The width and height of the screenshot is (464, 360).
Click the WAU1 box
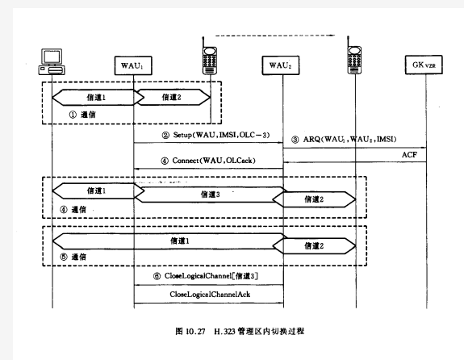coord(133,65)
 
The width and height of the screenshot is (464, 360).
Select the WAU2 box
coord(281,65)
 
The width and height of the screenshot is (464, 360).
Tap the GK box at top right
coord(424,65)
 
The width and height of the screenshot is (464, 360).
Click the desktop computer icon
coord(52,62)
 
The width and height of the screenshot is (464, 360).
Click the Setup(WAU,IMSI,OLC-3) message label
coord(215,135)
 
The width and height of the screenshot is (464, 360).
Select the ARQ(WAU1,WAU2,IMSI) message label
coord(344,139)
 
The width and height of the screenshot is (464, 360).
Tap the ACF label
coord(409,155)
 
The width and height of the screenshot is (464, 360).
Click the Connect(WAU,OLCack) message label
coord(208,161)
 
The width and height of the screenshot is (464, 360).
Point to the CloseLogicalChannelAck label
coord(210,295)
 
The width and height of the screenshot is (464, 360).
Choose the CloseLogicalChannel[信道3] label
coord(205,276)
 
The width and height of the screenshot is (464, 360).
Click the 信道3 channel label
coord(210,195)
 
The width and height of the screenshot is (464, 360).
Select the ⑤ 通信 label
coord(73,257)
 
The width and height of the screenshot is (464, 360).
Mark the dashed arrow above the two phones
coord(275,36)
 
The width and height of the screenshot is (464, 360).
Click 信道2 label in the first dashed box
coord(171,97)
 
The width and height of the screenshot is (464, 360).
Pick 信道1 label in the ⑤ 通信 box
coord(180,241)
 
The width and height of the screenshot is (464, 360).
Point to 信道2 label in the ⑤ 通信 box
coord(314,245)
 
